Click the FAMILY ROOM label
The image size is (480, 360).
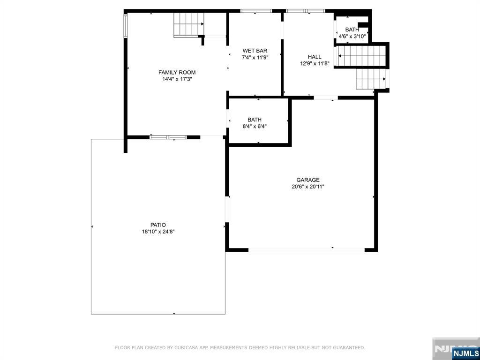[x=177, y=73]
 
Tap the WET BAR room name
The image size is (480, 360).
[x=255, y=51]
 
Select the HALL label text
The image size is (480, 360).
[x=315, y=57]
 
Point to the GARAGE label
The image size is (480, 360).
[x=308, y=180]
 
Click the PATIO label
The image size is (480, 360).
[x=158, y=225]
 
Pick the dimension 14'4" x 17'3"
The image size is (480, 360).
[x=177, y=79]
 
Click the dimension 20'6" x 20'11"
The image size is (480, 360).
[x=308, y=187]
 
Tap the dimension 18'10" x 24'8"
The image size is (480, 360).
[x=158, y=232]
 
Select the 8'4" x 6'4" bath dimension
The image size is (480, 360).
[x=255, y=127]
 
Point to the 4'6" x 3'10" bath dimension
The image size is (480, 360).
[x=352, y=37]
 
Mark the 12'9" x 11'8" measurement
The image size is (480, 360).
[x=315, y=64]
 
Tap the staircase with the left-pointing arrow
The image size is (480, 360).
[x=361, y=56]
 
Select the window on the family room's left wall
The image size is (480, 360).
[x=126, y=26]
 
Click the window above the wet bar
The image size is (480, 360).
[x=256, y=11]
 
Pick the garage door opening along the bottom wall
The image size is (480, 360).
[x=307, y=250]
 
